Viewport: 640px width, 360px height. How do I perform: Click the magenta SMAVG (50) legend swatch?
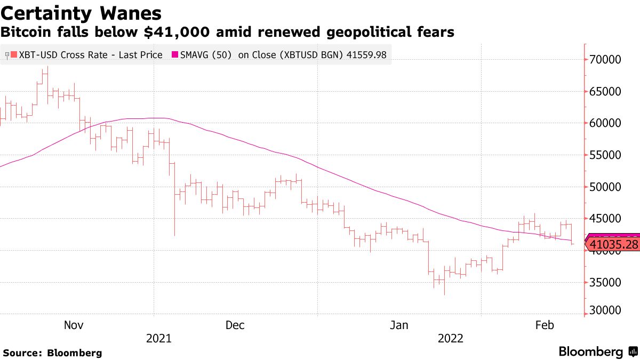coord(175,54)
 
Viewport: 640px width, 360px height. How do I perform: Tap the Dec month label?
coord(235,325)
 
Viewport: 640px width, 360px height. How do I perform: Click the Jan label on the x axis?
coord(399,325)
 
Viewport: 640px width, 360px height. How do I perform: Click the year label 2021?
coord(158,338)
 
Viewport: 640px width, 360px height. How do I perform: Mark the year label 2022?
coord(451,338)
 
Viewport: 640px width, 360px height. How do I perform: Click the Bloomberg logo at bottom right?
coord(597,352)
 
